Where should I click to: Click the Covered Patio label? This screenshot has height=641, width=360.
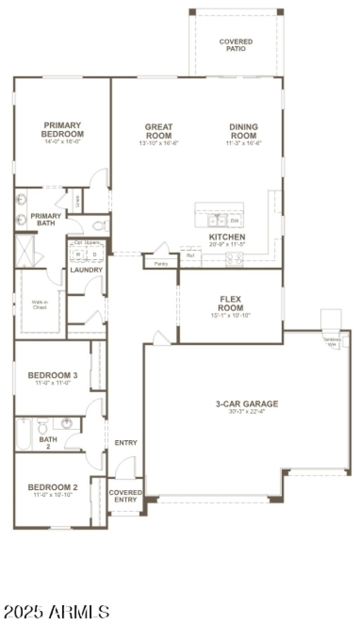click(236, 45)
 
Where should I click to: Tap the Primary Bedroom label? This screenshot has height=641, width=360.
click(62, 130)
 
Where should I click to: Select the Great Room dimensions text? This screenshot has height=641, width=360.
click(159, 144)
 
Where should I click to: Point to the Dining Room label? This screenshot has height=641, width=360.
click(243, 131)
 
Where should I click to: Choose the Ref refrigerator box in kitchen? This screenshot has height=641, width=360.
click(190, 255)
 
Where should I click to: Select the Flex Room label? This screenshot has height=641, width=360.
click(231, 304)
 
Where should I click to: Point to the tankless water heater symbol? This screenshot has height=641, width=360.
click(333, 343)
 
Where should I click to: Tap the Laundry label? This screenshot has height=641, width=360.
click(86, 270)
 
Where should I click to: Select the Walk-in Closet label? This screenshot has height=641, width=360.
click(39, 305)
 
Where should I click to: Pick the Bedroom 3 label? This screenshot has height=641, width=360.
click(53, 375)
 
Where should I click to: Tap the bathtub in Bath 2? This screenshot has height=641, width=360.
click(23, 434)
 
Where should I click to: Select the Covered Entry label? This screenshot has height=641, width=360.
click(126, 496)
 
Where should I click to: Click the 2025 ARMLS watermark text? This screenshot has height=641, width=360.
click(57, 612)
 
